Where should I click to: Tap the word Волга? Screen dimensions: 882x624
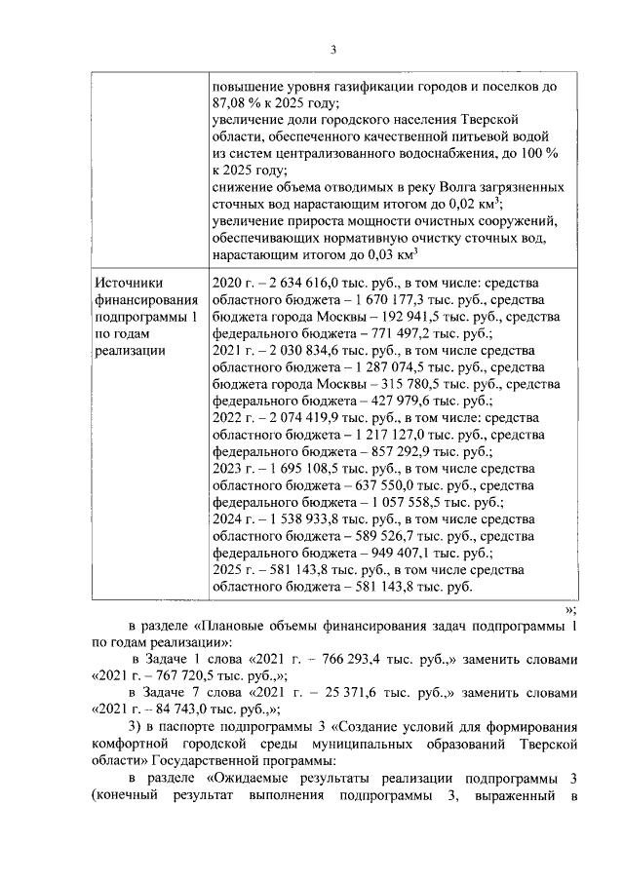[x=416, y=186]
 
